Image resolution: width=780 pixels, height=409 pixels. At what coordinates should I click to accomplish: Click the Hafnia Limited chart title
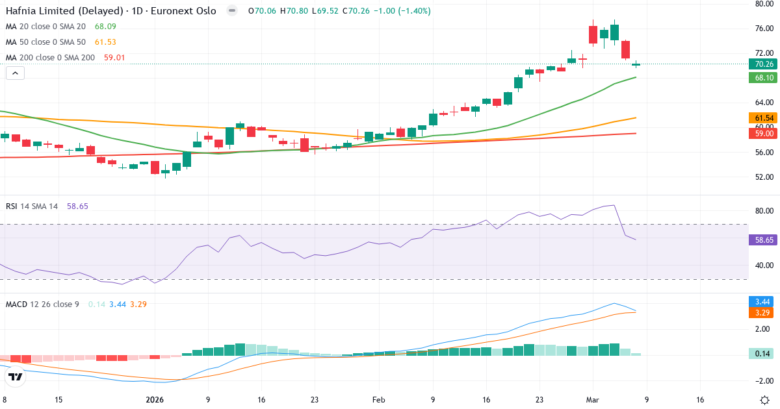pos(110,11)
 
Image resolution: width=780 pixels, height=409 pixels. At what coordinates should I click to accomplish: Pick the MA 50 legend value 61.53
pos(105,42)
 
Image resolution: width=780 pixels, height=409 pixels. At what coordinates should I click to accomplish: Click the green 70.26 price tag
pos(764,64)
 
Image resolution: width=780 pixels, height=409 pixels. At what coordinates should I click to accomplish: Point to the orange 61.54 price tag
pos(764,118)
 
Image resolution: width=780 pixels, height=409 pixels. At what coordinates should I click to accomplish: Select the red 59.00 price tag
pos(764,134)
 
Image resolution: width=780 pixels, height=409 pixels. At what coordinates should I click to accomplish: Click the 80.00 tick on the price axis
pos(764,4)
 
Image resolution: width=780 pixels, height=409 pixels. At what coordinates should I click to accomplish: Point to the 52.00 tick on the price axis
pos(764,177)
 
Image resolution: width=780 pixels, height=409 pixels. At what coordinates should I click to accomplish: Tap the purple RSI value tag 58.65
pos(764,240)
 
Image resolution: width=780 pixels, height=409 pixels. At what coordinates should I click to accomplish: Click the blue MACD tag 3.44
pos(764,302)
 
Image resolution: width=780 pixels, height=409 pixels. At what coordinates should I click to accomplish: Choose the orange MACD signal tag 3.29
pos(764,313)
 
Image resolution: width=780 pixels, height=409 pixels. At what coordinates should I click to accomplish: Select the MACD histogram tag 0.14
pos(764,354)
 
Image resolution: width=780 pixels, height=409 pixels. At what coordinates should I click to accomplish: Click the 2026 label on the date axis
pos(155,400)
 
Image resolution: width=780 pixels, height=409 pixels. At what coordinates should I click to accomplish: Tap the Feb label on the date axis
pos(378,400)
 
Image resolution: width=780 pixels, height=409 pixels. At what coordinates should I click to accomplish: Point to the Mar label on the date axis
pos(592,400)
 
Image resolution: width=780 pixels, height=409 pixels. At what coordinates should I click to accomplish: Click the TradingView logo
pos(16,377)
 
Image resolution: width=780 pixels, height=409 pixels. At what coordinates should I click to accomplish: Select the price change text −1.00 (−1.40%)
pos(398,11)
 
